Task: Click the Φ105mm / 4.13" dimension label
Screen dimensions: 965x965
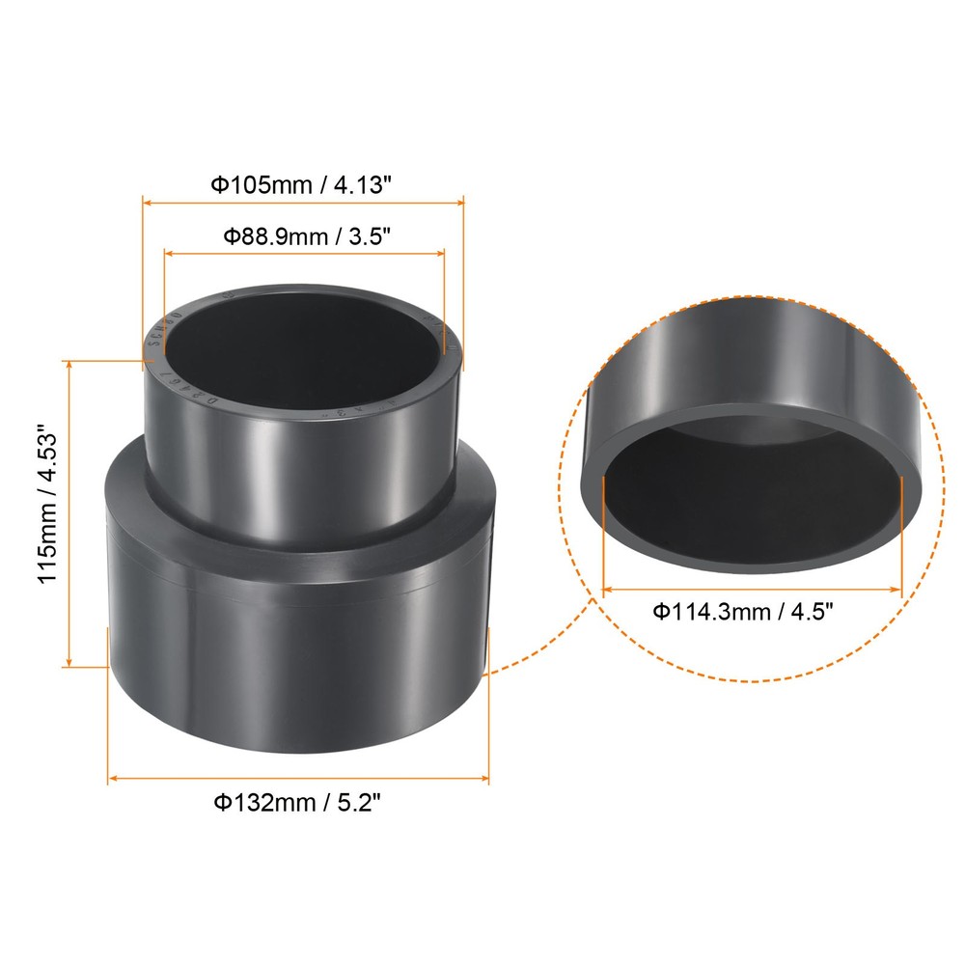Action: pos(302,184)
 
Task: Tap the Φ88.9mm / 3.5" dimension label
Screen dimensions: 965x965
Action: pos(307,235)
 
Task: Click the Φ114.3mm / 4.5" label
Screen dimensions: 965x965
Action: pos(742,611)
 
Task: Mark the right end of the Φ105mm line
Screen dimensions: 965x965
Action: pos(464,202)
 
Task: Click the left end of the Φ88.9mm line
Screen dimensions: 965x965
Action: pos(164,253)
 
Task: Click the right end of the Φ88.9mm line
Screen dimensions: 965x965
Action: pos(445,253)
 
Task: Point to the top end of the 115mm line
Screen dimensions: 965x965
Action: pos(69,361)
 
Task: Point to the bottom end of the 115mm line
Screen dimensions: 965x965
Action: pos(69,665)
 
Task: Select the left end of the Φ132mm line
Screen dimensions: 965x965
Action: pos(107,778)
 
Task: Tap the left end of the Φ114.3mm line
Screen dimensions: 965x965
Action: pos(603,587)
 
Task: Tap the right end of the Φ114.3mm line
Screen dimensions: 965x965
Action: pos(901,587)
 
